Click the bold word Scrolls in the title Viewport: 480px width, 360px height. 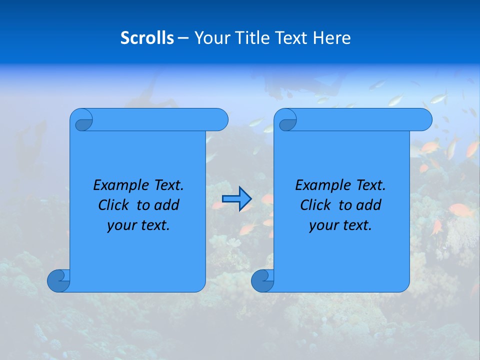(147, 37)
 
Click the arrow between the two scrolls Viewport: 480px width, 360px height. (236, 199)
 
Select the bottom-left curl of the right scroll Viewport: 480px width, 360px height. (263, 280)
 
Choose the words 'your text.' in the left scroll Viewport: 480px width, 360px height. (138, 225)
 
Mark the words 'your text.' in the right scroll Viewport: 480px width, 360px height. (340, 225)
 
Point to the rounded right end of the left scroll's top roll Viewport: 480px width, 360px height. (220, 120)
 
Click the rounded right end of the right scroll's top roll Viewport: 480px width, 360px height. (424, 120)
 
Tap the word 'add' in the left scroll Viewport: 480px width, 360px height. (166, 205)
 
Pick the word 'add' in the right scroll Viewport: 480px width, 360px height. (368, 205)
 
